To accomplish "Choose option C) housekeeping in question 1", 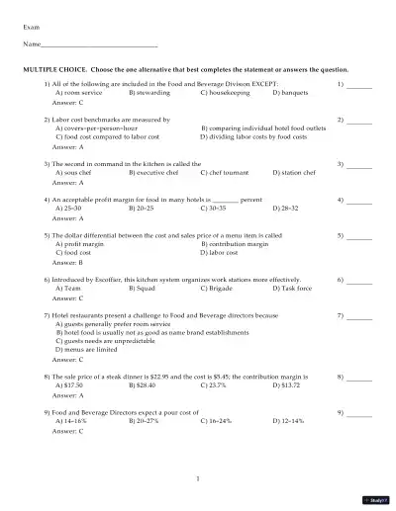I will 223,93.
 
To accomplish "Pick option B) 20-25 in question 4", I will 145,209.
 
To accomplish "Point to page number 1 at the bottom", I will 198,479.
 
